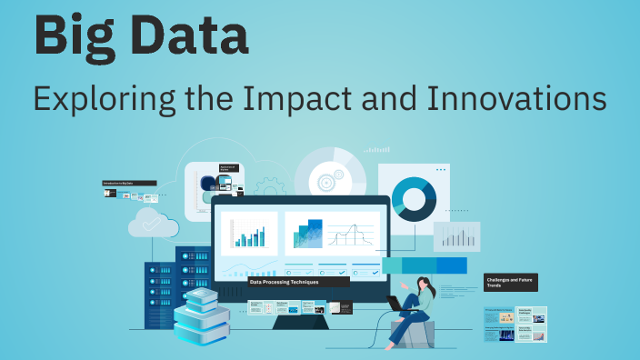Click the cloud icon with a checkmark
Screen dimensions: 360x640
(151, 222)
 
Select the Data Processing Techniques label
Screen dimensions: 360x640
(297, 282)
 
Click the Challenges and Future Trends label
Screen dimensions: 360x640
(510, 282)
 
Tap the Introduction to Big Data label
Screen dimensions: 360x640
(129, 184)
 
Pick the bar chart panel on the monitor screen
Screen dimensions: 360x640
(248, 235)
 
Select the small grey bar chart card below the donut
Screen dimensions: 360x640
(456, 236)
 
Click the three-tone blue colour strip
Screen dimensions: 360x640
(424, 265)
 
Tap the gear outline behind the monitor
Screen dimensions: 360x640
(271, 189)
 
